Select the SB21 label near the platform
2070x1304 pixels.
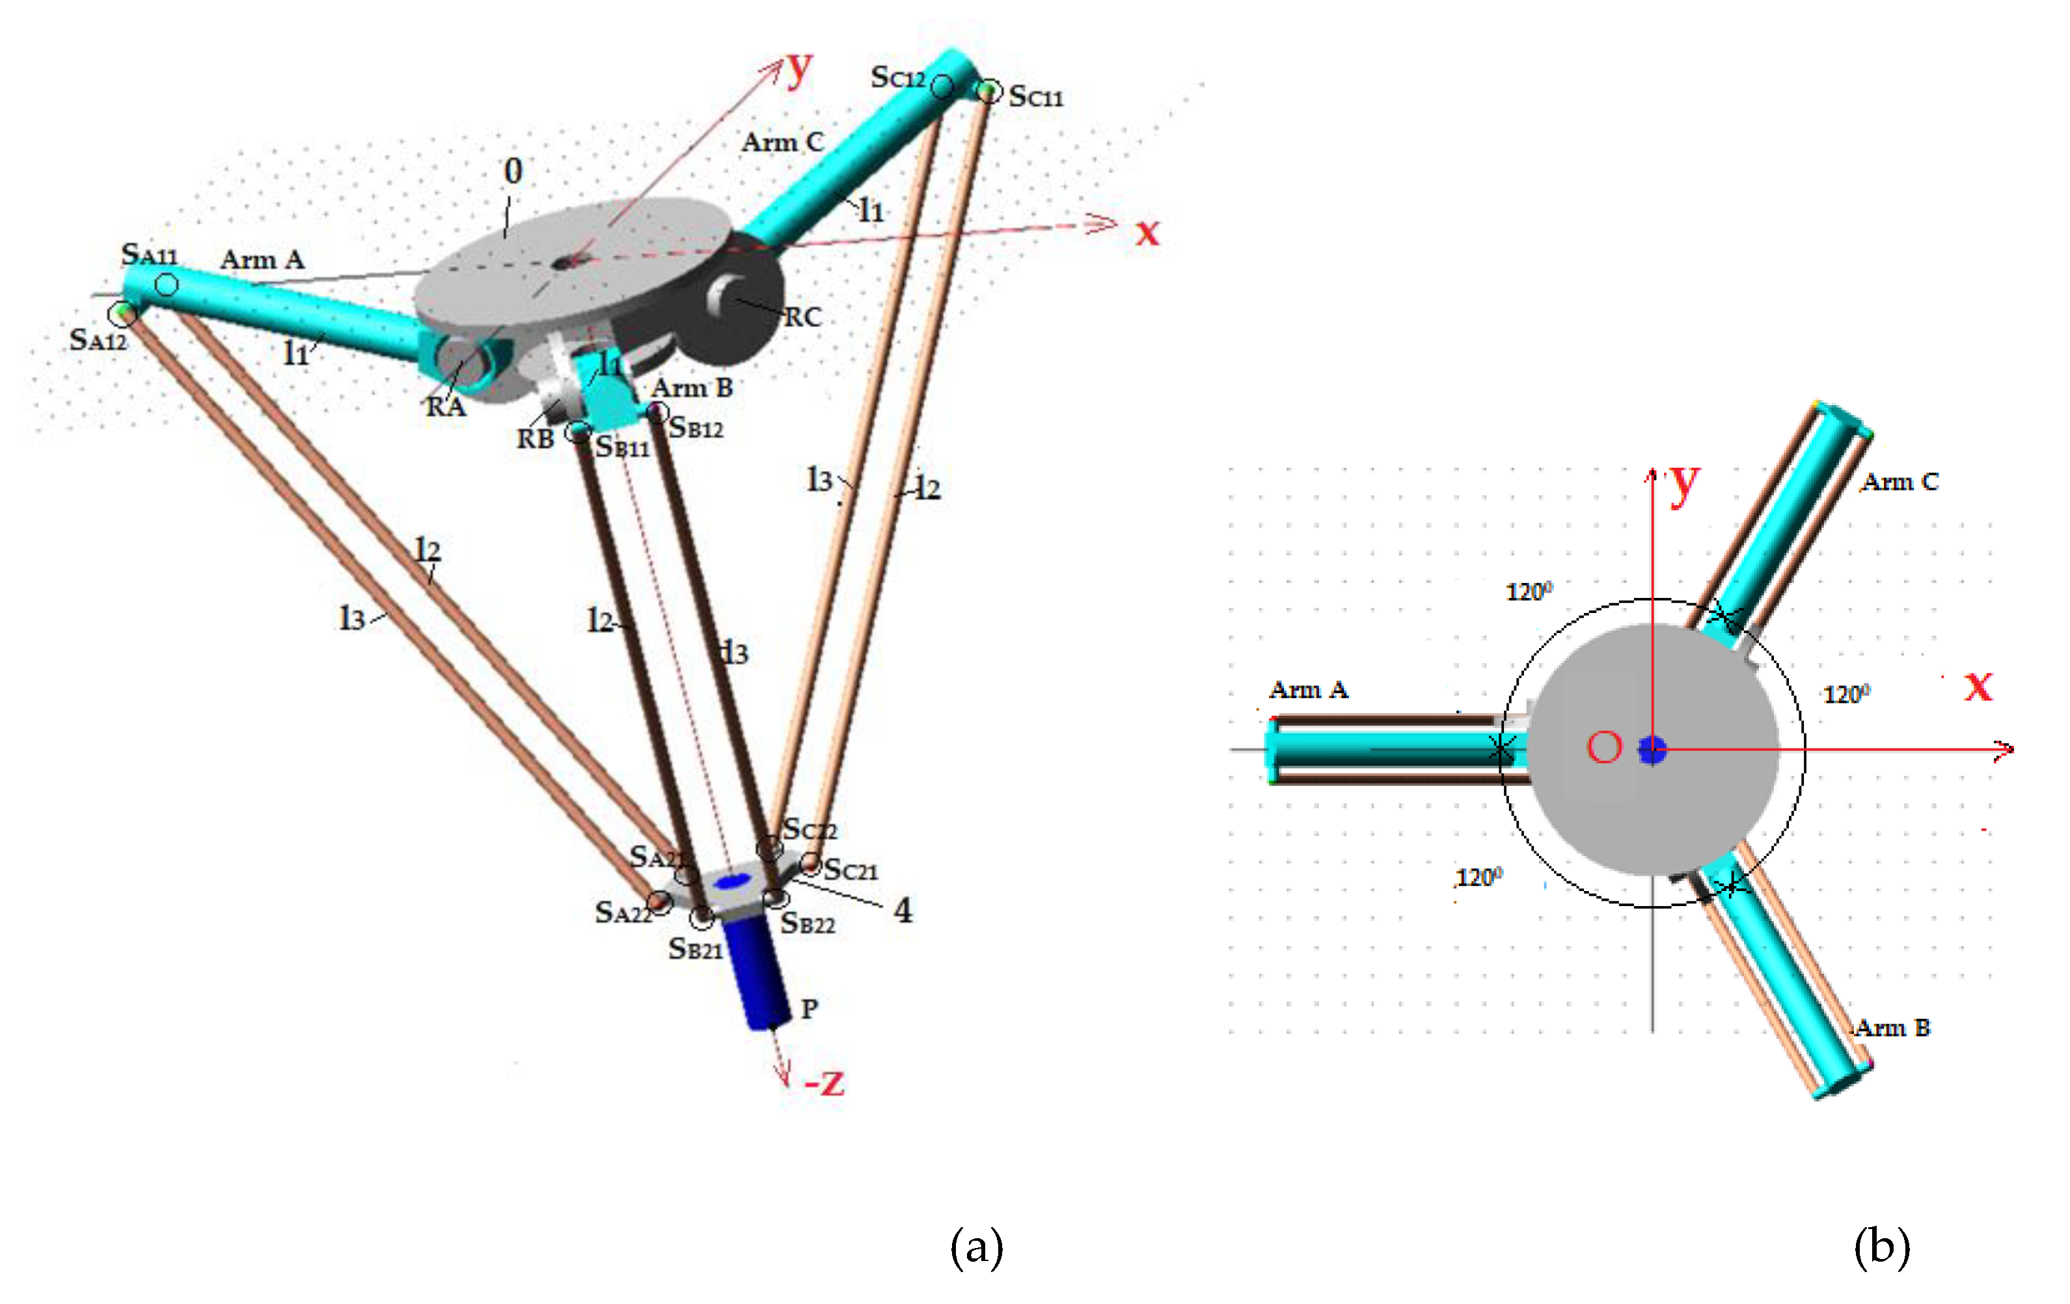point(694,950)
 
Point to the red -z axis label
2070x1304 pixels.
point(824,1082)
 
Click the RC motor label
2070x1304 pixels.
point(802,317)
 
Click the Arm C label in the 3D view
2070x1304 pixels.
point(782,142)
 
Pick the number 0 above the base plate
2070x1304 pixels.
point(513,171)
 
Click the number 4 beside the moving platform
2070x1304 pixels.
point(903,910)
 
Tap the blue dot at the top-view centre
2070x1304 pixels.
point(1652,749)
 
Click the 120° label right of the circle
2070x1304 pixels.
point(1845,694)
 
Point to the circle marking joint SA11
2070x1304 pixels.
point(167,284)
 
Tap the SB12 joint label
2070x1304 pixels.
point(696,427)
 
